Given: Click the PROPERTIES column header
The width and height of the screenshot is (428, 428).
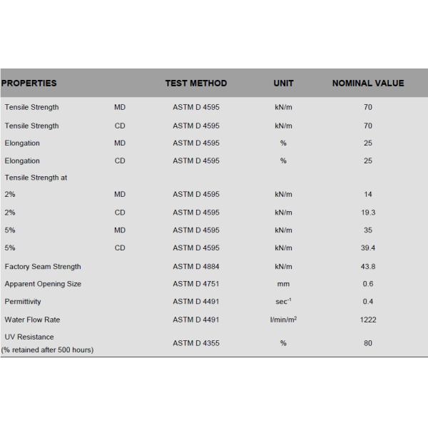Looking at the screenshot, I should (29, 83).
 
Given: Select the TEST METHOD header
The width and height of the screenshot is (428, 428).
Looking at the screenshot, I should (196, 83).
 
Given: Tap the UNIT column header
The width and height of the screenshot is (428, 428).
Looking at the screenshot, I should (283, 83).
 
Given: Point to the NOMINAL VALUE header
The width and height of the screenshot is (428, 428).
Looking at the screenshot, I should (368, 83).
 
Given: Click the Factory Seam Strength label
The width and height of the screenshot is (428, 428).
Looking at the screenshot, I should (43, 267).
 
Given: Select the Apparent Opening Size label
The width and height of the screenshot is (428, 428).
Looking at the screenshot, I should (43, 284).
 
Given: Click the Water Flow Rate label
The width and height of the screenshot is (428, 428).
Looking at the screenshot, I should (32, 320).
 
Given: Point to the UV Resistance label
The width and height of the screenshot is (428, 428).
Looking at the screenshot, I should (29, 337).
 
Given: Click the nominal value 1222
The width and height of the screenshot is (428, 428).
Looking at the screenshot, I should (368, 320).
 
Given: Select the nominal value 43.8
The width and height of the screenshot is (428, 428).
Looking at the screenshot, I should (368, 267).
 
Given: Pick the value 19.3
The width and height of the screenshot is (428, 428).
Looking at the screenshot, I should (368, 213).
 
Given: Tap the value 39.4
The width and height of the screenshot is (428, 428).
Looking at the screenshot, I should (368, 248).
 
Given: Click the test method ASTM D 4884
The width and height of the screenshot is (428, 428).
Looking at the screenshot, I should (196, 267).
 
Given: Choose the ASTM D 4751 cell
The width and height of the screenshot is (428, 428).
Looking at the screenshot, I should (196, 284).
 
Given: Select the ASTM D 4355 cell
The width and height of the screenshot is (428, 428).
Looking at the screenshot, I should (196, 343).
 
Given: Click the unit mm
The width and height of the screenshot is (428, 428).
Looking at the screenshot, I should (283, 284).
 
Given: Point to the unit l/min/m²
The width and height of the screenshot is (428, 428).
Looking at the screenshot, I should (283, 320).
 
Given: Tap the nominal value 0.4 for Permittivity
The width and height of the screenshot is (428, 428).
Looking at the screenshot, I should (368, 302).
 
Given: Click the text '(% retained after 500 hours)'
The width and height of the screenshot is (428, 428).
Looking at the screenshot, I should (47, 350).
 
